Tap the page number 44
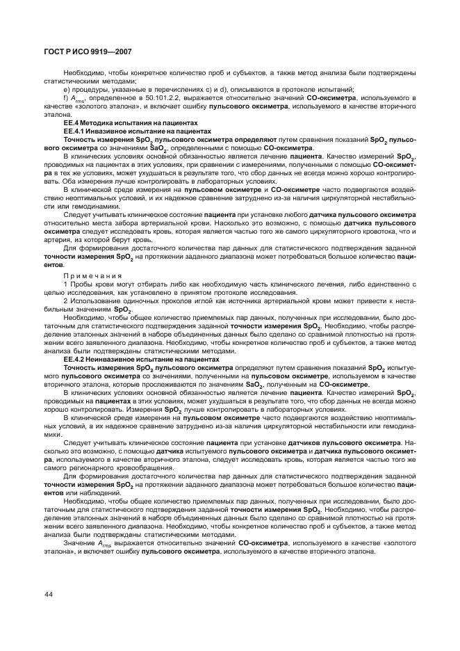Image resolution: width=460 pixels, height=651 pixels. coord(49,593)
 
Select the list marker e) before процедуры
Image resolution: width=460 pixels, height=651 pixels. coord(66,89)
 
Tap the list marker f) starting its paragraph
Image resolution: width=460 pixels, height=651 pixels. coord(65,97)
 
